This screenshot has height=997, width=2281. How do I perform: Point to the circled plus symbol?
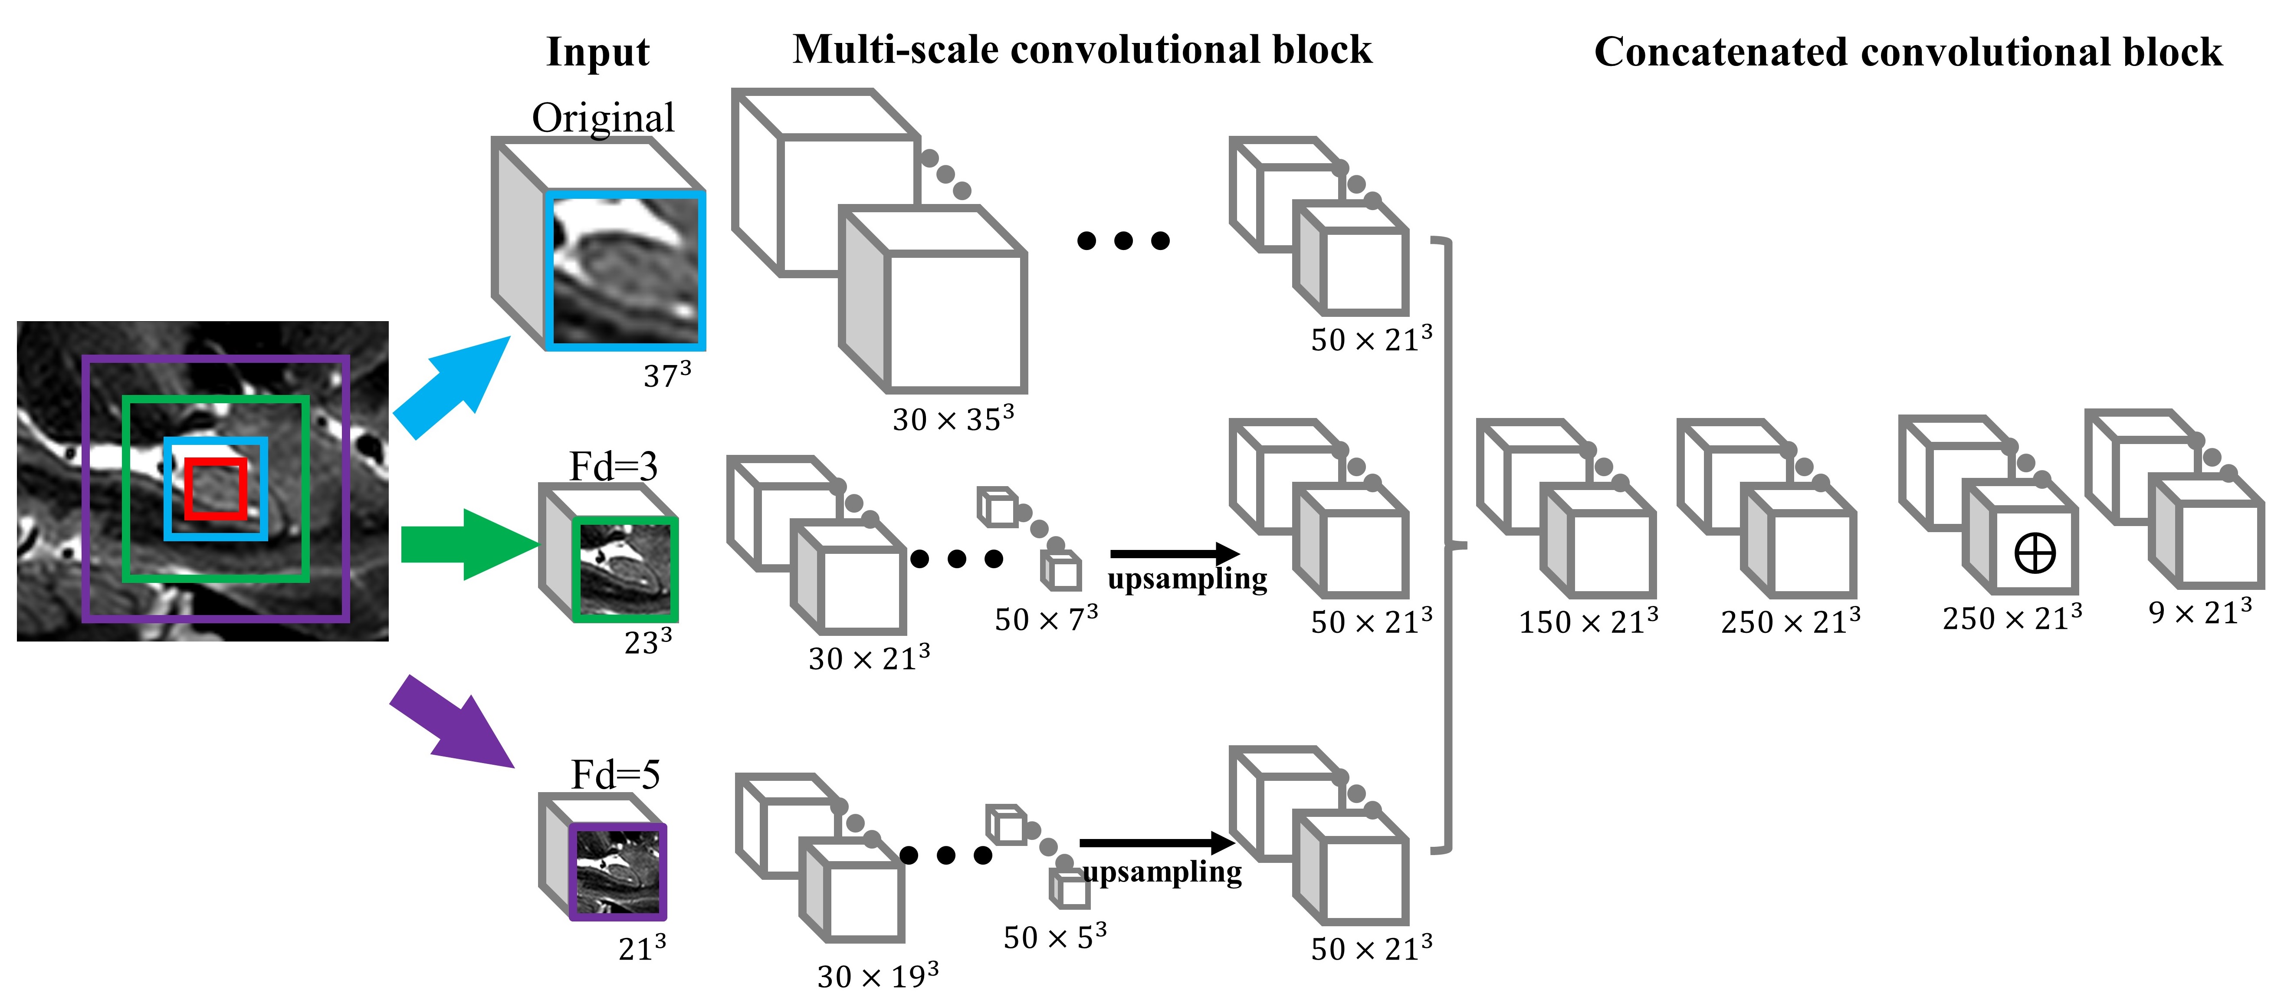pos(2034,554)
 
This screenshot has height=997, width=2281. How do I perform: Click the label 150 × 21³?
pos(1588,622)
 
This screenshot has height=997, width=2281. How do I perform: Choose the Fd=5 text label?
pos(615,776)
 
